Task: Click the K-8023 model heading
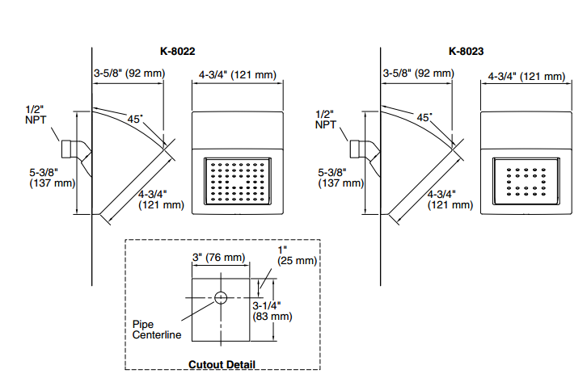click(467, 52)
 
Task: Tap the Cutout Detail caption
click(222, 364)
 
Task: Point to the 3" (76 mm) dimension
click(217, 258)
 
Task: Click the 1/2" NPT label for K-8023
click(325, 118)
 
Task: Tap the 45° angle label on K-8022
click(135, 119)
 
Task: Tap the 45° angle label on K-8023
click(424, 117)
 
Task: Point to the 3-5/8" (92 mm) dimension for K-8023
click(419, 74)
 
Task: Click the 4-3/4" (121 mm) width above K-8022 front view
click(237, 75)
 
